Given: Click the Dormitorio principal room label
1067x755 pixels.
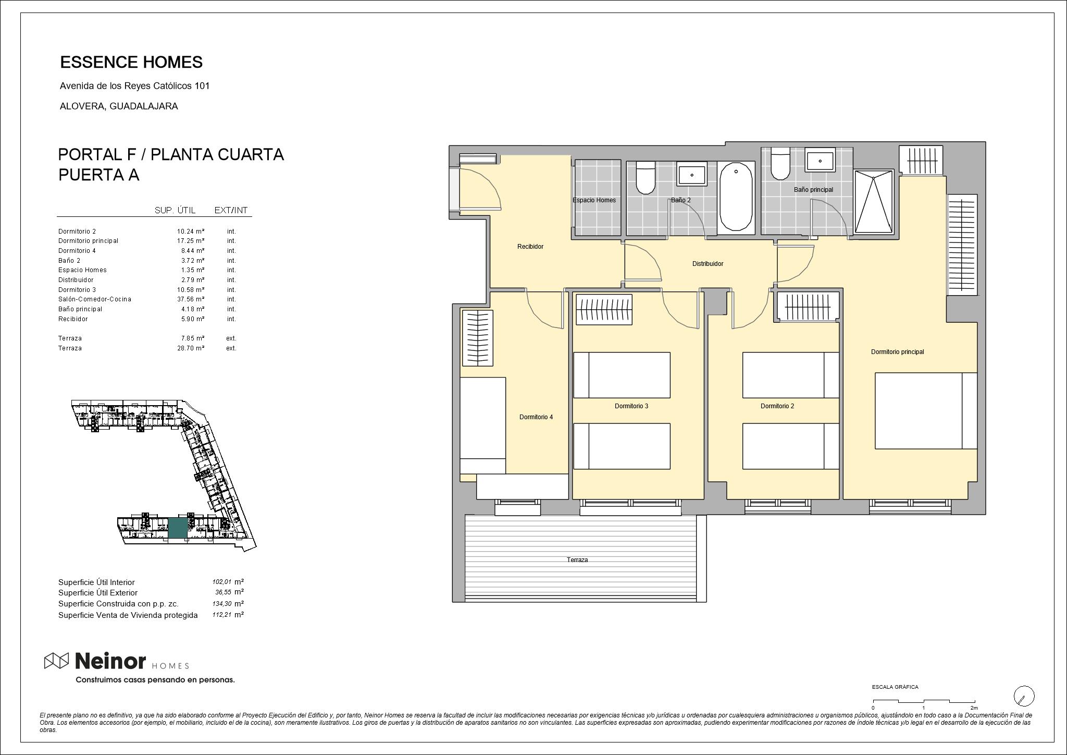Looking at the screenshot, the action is coord(897,352).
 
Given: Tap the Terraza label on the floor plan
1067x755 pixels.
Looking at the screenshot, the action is coord(577,560).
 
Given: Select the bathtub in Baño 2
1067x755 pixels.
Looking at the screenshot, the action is coord(736,196).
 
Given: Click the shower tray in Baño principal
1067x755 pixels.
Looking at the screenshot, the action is coord(874,202).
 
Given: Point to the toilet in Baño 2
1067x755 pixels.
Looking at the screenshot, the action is coord(646,177).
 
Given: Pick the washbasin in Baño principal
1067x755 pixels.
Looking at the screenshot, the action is coord(820,160).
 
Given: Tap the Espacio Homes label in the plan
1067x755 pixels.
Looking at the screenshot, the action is coord(594,200).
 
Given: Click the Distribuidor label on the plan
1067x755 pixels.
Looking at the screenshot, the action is coord(708,264).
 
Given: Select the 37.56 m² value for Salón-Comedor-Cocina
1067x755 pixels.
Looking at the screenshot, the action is coord(191,299).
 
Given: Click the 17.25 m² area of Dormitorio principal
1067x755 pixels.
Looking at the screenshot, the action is coord(191,241).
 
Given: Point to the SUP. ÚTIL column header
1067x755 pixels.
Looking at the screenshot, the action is coord(175,210).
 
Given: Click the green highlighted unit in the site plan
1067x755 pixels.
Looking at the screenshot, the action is coord(178,528).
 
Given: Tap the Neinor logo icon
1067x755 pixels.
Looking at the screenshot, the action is coord(56,661).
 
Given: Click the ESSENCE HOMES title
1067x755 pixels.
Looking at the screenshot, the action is coord(131,62).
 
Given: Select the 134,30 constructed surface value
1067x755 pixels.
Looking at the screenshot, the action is coord(222,604).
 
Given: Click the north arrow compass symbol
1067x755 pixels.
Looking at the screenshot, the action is coord(1024,696).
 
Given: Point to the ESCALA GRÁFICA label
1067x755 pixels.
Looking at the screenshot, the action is coord(895,687).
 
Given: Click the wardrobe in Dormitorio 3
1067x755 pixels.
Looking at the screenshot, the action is coord(604,310).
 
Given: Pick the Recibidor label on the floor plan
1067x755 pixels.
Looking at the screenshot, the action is coord(530,247).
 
